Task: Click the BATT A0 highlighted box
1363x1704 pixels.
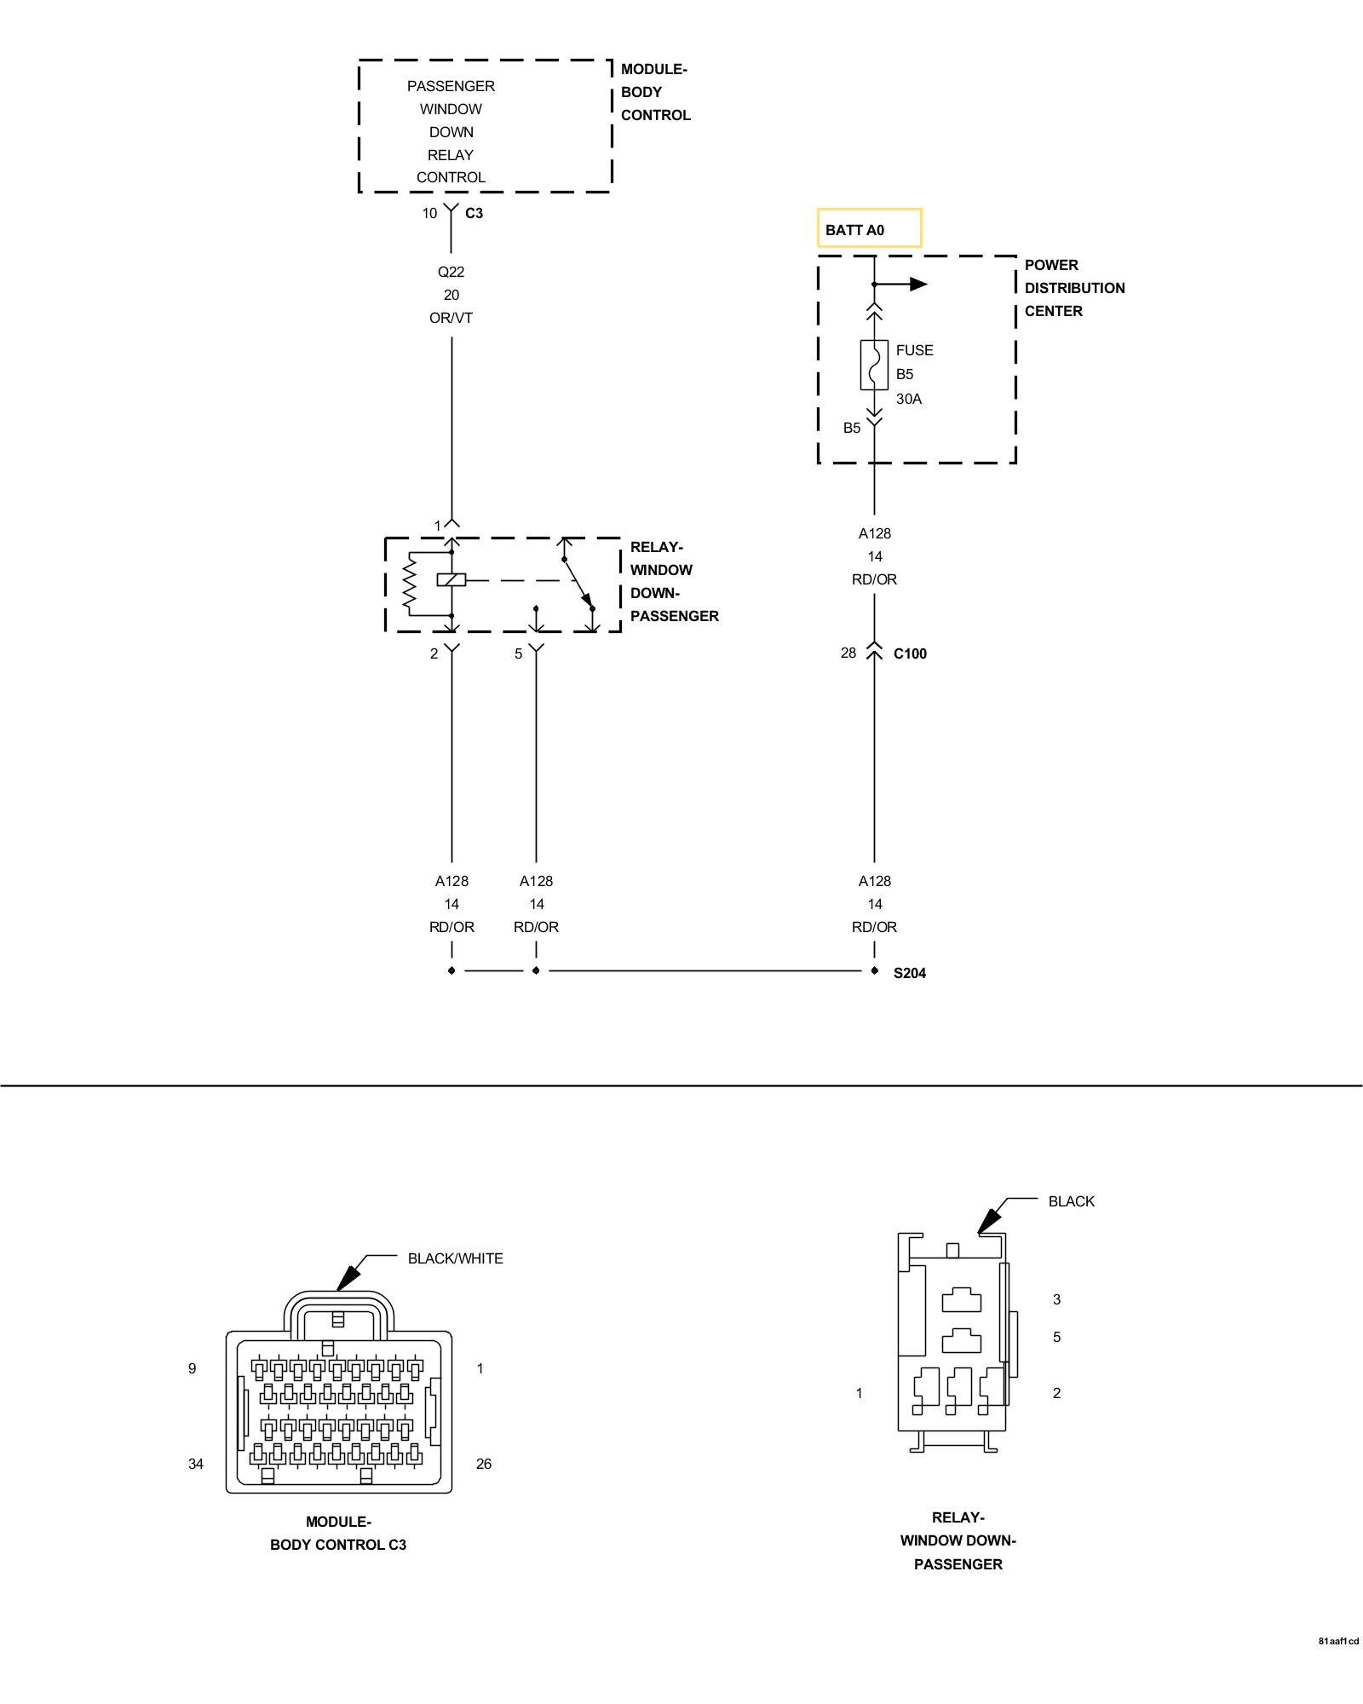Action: [x=869, y=228]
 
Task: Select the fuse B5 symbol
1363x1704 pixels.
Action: [x=874, y=366]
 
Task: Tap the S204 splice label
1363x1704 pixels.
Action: [x=909, y=973]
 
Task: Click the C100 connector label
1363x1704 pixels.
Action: [x=910, y=653]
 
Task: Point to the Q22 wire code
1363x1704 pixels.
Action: [x=451, y=272]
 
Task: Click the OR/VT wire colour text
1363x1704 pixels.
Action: [x=451, y=318]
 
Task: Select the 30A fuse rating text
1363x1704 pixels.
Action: [x=908, y=399]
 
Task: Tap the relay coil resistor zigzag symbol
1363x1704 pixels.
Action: [x=411, y=584]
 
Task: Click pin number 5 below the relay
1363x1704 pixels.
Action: [x=518, y=654]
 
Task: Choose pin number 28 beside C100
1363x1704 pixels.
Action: [x=848, y=653]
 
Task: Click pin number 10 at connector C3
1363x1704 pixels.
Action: [x=429, y=213]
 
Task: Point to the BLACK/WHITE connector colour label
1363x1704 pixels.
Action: [x=455, y=1258]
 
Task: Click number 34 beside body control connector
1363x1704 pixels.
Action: [x=196, y=1464]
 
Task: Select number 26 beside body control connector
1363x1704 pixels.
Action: [x=484, y=1464]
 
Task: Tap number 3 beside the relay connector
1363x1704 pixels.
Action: [x=1056, y=1299]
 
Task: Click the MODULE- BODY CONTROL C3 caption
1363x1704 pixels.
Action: [x=338, y=1533]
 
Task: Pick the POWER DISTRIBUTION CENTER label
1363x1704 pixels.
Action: [x=1074, y=288]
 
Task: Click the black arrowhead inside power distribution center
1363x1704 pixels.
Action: [x=918, y=284]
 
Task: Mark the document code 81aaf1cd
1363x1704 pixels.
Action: [x=1338, y=1641]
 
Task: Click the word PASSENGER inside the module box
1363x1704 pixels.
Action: [x=451, y=86]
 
